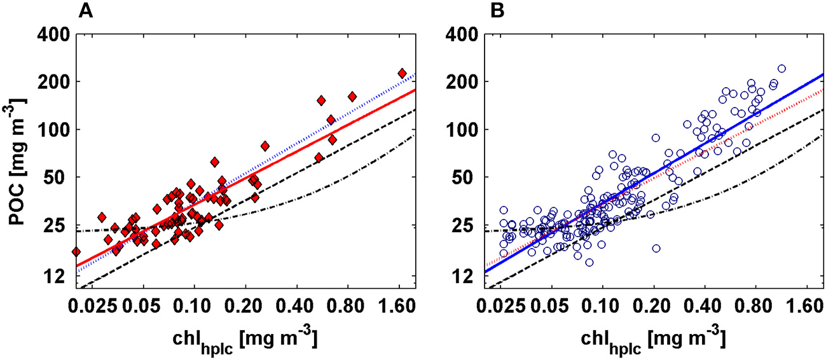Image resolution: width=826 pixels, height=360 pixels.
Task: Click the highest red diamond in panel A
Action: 402,73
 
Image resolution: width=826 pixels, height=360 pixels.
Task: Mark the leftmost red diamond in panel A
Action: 76,252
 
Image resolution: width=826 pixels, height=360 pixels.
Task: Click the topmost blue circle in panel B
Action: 781,69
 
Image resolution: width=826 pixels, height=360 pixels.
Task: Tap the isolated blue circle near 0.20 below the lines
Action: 656,248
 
